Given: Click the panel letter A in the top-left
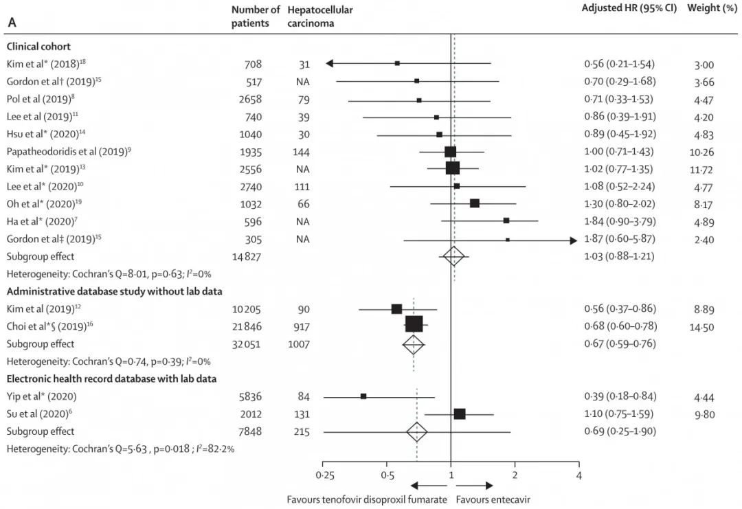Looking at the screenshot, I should [x=12, y=22].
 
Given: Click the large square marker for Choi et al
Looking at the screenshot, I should [x=414, y=325].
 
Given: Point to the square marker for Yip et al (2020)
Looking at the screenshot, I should [x=363, y=396].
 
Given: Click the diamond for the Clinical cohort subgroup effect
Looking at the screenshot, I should [x=453, y=257].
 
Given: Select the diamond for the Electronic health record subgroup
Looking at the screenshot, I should [x=417, y=431].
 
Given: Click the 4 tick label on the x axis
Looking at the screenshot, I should [x=578, y=475].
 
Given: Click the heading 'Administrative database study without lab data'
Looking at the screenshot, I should [x=114, y=291].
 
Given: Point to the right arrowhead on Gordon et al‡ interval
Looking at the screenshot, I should [x=572, y=240].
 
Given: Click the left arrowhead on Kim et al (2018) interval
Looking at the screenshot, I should [x=329, y=64].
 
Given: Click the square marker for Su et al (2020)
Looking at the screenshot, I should [x=460, y=414].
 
